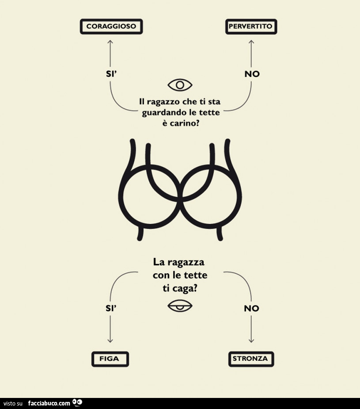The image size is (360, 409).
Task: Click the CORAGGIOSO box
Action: (111, 27)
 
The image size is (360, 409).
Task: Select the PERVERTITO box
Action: (251, 27)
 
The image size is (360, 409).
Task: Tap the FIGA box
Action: (110, 359)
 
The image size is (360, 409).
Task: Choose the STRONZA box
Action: (251, 359)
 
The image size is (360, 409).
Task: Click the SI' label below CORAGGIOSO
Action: (110, 74)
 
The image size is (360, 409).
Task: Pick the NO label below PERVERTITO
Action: (252, 74)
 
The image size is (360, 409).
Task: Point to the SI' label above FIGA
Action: (110, 308)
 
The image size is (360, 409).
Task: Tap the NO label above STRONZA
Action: (251, 308)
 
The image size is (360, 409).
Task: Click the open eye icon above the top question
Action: (180, 84)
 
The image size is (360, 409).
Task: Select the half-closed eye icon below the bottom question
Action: (180, 306)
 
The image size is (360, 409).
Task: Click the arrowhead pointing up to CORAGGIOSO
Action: (110, 42)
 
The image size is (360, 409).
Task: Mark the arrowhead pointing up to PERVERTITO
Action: (251, 42)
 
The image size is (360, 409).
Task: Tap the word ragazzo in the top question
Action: (162, 102)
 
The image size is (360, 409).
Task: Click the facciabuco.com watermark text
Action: (49, 403)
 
